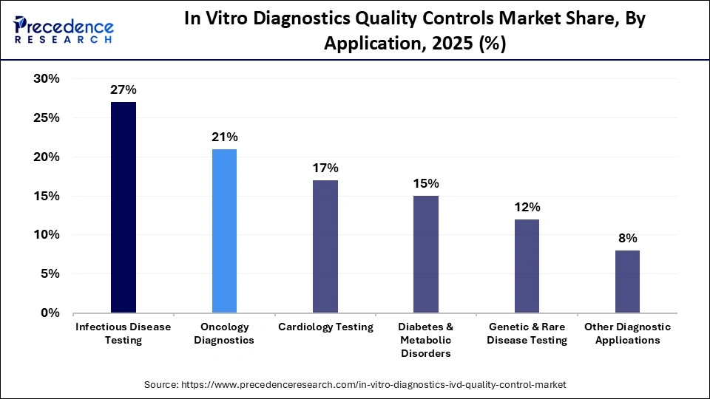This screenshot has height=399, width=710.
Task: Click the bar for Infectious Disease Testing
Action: [x=124, y=208]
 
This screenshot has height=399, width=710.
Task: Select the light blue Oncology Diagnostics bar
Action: [x=225, y=231]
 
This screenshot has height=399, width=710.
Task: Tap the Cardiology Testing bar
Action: [x=325, y=247]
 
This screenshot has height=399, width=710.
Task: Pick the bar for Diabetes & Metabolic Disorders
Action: [x=426, y=254]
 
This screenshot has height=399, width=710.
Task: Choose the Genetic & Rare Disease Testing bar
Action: [x=527, y=266]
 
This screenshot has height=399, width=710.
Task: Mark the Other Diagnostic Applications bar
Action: [x=627, y=282]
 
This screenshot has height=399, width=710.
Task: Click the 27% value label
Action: [x=124, y=90]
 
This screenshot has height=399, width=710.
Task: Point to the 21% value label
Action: [x=225, y=137]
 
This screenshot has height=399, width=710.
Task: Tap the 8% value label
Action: [x=627, y=238]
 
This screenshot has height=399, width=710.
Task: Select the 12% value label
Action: [x=527, y=207]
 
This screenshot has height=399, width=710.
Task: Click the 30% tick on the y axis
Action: [x=47, y=79]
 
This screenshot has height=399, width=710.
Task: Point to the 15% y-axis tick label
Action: [x=47, y=196]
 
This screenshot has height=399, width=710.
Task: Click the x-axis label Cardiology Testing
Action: [x=325, y=327]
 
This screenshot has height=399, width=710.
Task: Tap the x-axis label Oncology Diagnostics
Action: [x=225, y=333]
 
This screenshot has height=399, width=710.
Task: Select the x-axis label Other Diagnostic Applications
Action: [x=627, y=333]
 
